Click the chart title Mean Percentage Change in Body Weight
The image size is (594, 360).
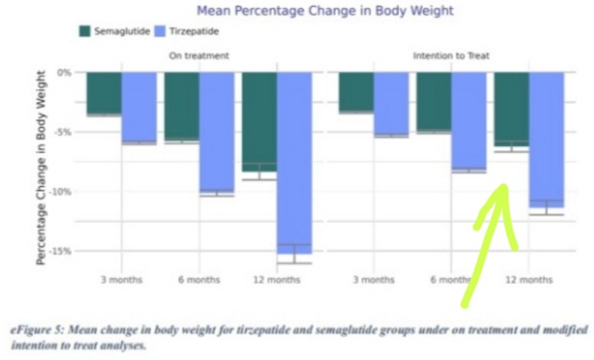pyautogui.click(x=325, y=11)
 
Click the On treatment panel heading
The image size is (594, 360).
pyautogui.click(x=199, y=56)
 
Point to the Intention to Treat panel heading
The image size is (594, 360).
pyautogui.click(x=451, y=56)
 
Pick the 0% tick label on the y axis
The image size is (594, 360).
pyautogui.click(x=64, y=72)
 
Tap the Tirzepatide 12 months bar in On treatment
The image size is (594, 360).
pyautogui.click(x=294, y=161)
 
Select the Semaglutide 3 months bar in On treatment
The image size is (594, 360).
pyautogui.click(x=104, y=93)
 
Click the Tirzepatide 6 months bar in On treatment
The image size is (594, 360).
pyautogui.click(x=216, y=132)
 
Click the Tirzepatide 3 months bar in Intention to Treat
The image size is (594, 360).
pyautogui.click(x=391, y=103)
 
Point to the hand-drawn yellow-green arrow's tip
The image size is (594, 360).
pyautogui.click(x=503, y=188)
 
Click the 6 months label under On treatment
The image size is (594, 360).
pyautogui.click(x=199, y=279)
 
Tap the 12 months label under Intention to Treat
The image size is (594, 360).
pyautogui.click(x=528, y=279)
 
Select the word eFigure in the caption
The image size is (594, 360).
pyautogui.click(x=35, y=328)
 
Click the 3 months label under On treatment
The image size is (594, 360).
pyautogui.click(x=121, y=279)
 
